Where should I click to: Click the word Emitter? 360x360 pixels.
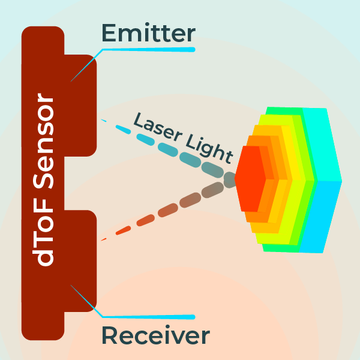click(148, 32)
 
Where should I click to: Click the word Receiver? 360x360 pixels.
click(155, 335)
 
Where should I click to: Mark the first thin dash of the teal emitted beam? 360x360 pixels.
click(104, 121)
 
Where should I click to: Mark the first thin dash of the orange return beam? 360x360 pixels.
click(104, 239)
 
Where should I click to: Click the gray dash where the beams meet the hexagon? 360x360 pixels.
click(230, 178)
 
